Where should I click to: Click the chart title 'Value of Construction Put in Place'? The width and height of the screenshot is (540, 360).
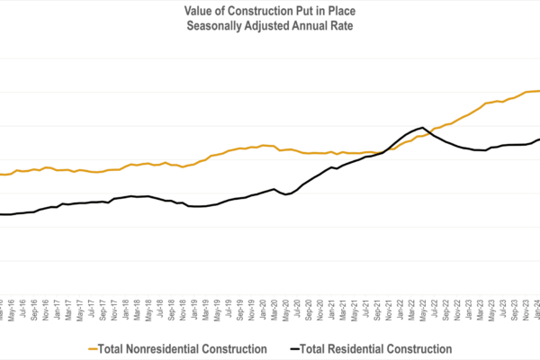coord(270,10)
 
